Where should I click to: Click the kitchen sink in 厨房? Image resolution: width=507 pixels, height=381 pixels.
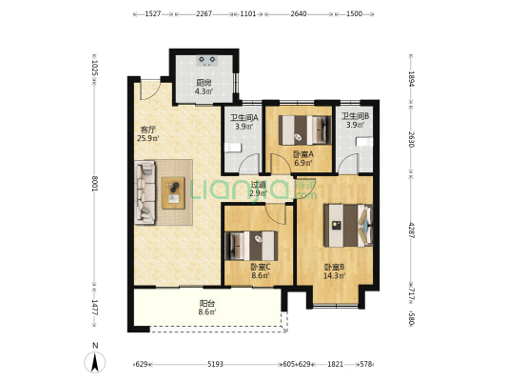(x=207, y=61)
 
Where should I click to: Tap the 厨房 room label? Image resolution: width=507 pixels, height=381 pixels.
(x=204, y=83)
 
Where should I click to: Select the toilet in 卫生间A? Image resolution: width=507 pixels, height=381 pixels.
(x=233, y=148)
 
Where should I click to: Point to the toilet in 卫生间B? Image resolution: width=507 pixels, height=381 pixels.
(x=364, y=142)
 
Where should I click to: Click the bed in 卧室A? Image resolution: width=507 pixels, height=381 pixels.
(x=305, y=130)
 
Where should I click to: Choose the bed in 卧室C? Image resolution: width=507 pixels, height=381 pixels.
(x=251, y=246)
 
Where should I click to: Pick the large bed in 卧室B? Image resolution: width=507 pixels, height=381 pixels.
(x=348, y=226)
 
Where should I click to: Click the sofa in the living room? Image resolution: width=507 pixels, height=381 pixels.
(x=146, y=192)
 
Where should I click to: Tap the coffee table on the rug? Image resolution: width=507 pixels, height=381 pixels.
(x=173, y=193)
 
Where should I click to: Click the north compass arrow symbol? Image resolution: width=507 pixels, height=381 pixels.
(x=95, y=362)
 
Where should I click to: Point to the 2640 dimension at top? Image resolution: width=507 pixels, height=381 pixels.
(x=299, y=14)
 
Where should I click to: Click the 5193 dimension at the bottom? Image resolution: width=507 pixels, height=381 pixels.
(x=215, y=364)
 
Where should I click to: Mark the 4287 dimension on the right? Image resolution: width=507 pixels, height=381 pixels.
(x=411, y=231)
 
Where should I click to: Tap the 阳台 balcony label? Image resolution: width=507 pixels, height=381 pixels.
(x=207, y=304)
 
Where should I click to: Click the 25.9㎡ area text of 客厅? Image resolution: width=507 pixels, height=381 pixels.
(x=148, y=138)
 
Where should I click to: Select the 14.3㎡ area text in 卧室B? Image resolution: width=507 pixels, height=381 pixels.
(x=335, y=275)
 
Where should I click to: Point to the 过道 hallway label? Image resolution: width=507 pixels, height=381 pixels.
(x=259, y=185)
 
